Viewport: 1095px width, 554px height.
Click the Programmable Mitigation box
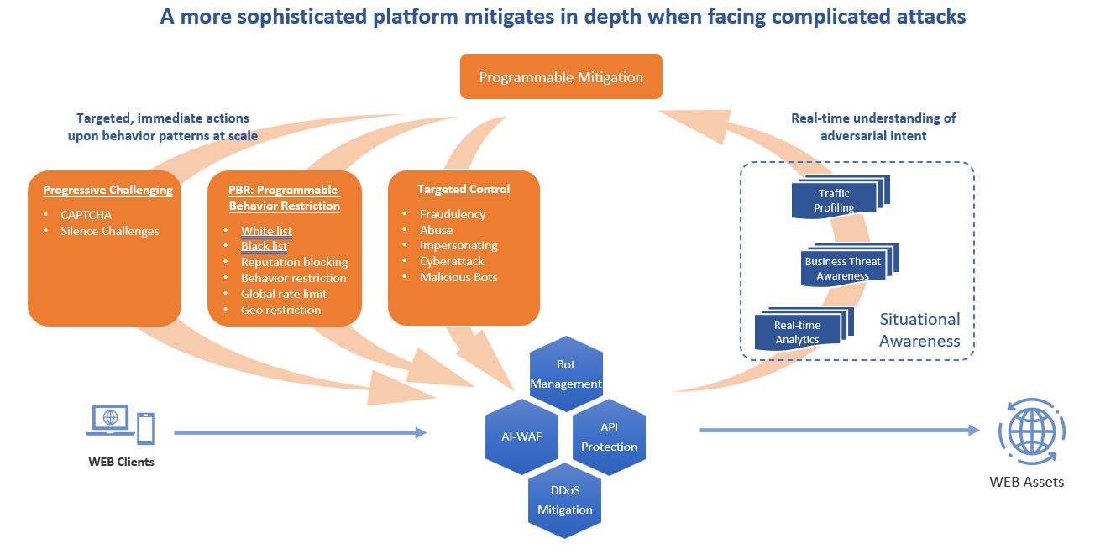pos(561,77)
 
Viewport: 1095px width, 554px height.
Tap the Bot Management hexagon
pos(566,374)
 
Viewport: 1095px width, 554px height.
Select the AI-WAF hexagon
pos(521,436)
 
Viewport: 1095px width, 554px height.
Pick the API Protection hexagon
pos(609,437)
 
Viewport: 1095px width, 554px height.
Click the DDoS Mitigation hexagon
pos(565,500)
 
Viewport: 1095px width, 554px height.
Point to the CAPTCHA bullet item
pos(86,215)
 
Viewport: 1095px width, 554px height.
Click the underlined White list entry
pos(266,231)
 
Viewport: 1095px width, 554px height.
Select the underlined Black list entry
pos(264,247)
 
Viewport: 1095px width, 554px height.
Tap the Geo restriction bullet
pos(280,310)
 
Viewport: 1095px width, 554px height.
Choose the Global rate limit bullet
pos(284,294)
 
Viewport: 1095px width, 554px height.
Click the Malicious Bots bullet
pos(458,277)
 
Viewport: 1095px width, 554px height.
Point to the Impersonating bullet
pos(458,246)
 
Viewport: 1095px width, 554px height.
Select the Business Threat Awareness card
pos(842,268)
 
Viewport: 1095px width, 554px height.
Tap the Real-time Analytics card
pos(798,332)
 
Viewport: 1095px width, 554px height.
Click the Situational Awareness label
pos(919,330)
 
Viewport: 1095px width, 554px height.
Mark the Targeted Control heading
pos(464,190)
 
